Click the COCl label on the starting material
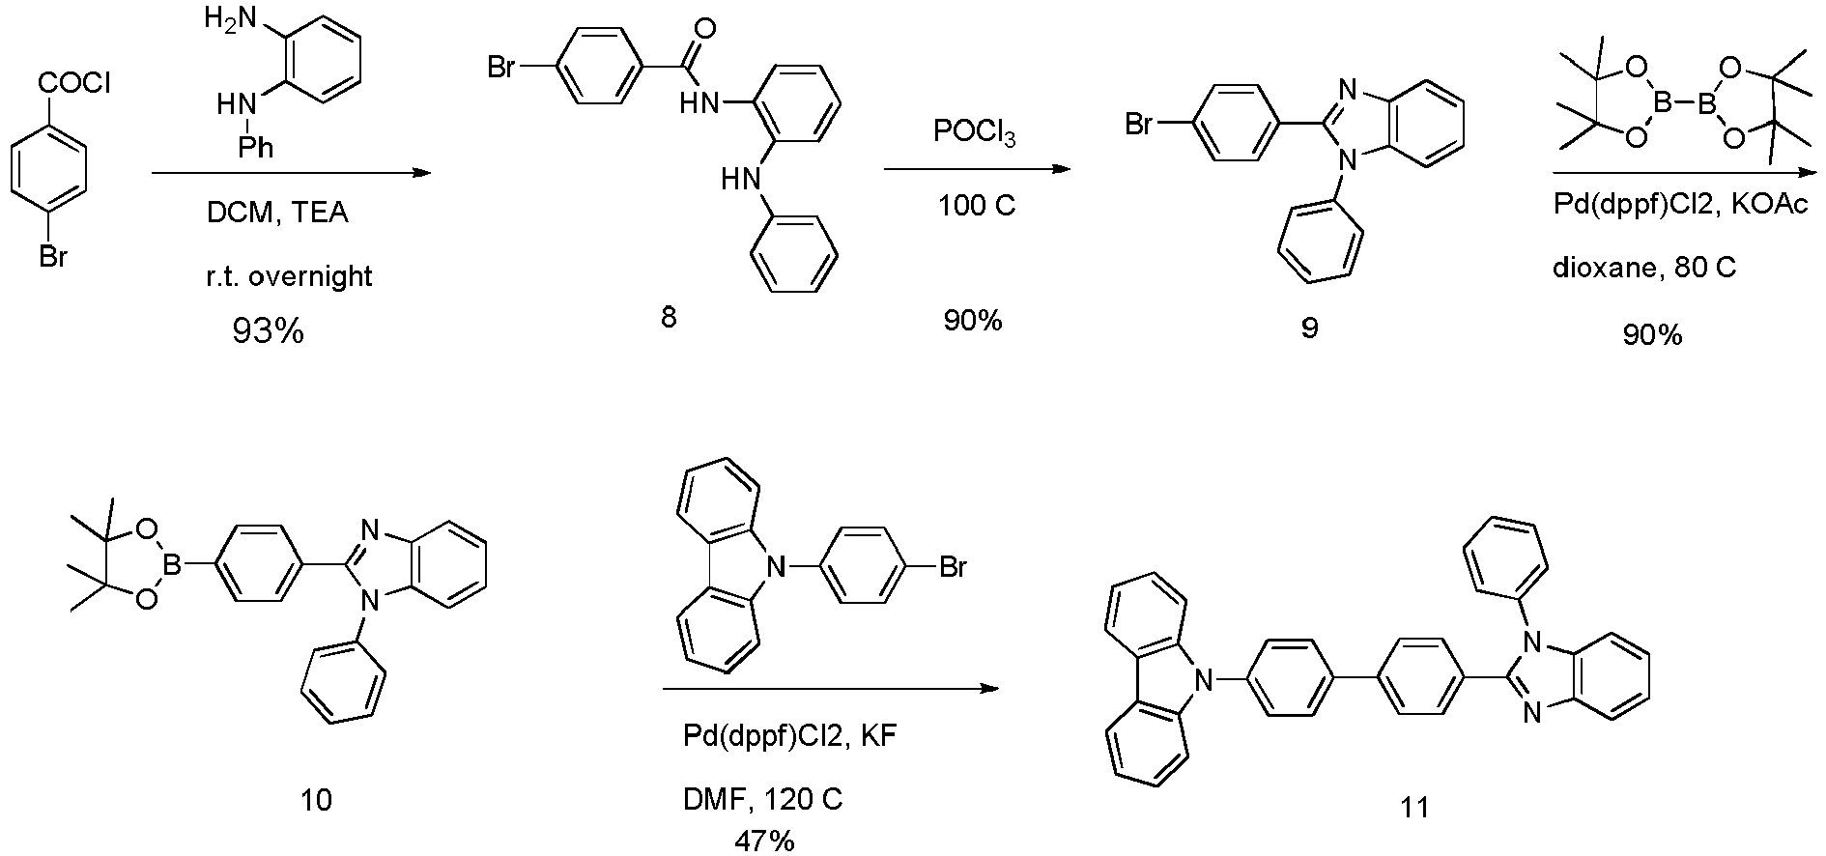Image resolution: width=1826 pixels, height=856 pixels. tap(73, 85)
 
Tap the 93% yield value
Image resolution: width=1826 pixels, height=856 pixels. tap(268, 331)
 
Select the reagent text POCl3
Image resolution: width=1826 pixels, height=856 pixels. tap(975, 134)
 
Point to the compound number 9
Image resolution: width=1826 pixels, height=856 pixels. tap(1309, 328)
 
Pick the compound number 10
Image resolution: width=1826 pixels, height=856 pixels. tap(317, 800)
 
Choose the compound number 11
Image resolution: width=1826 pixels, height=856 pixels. tap(1414, 807)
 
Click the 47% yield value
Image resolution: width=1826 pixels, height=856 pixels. tap(764, 841)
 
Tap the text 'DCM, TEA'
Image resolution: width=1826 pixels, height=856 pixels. tap(277, 213)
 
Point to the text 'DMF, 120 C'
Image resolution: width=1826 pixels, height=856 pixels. tap(758, 800)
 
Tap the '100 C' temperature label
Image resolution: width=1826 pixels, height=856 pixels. tap(978, 206)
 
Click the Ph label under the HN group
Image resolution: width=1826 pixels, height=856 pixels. tap(257, 147)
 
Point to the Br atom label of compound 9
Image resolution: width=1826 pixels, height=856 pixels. tap(1140, 124)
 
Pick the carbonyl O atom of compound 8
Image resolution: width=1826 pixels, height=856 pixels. tap(705, 26)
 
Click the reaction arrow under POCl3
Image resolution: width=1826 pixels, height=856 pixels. tap(977, 170)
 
